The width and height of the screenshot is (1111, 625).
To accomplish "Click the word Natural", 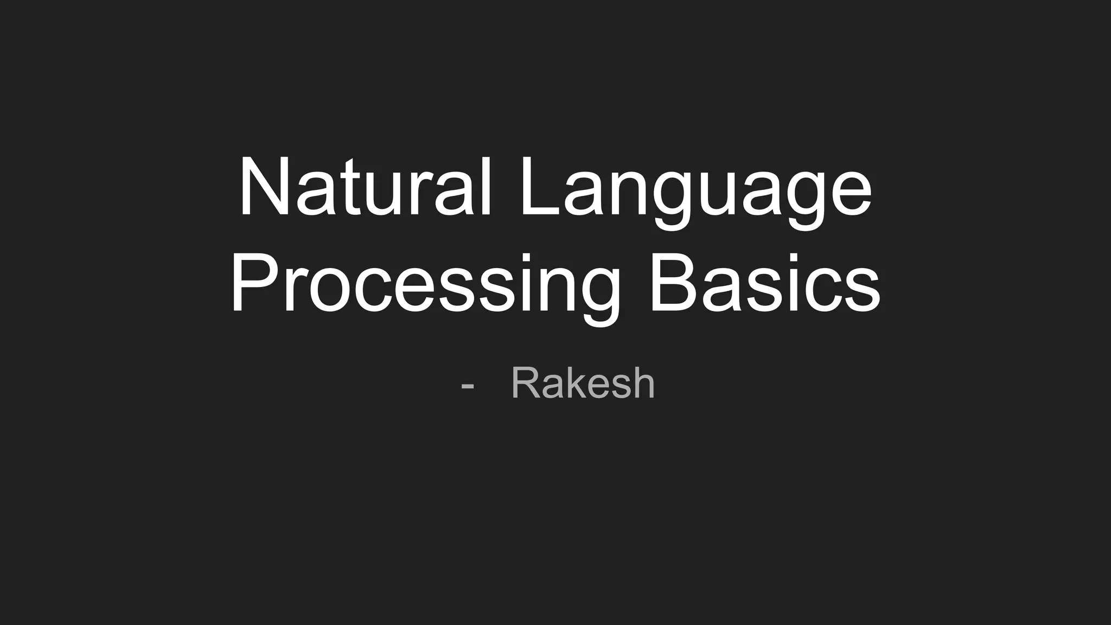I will coord(366,187).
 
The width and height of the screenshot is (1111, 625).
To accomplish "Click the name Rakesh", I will coord(583,384).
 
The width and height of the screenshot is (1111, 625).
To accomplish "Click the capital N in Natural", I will coord(263,187).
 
